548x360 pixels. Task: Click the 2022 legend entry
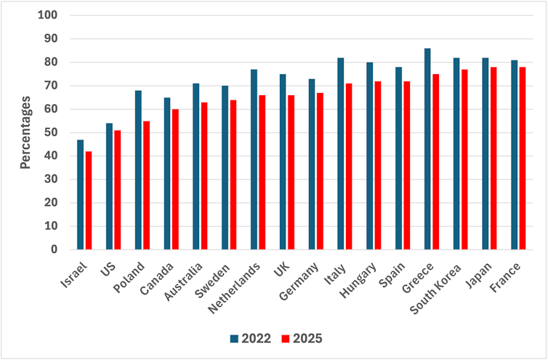coord(251,338)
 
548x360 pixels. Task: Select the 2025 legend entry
coord(302,338)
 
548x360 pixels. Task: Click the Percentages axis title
coord(25,132)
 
